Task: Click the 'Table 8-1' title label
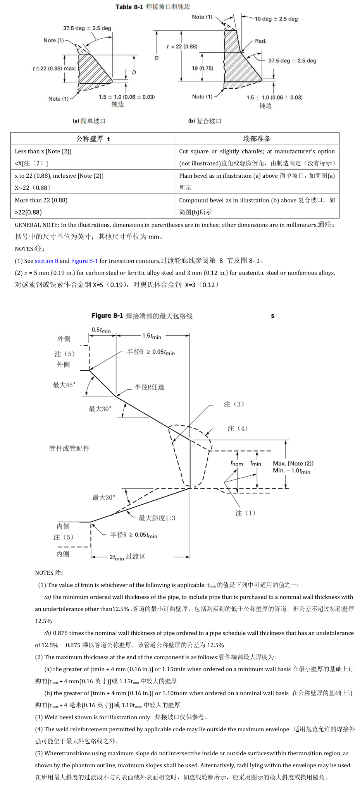coord(129,7)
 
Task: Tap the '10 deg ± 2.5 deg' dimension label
coord(276,19)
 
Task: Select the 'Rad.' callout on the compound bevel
coord(261,41)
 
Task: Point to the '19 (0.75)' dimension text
coord(202,68)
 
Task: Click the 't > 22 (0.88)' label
coord(182,46)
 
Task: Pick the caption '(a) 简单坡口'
coord(89,121)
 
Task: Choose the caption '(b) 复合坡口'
coord(205,121)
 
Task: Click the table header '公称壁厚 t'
coord(93,139)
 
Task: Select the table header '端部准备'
coord(257,139)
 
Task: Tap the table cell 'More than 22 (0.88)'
coord(41,200)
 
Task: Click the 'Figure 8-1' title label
coord(107,316)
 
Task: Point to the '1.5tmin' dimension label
coord(152,336)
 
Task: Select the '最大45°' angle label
coord(64,385)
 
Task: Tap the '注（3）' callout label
coord(234,404)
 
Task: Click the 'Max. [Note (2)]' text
coord(293,463)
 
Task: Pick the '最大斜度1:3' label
coord(157,518)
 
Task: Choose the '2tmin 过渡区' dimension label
coord(127,557)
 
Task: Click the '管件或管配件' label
coord(69,448)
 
